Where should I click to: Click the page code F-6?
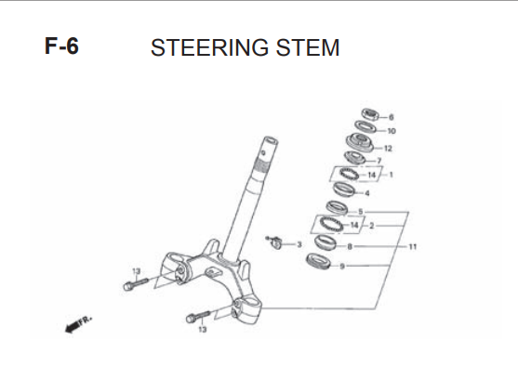(61, 46)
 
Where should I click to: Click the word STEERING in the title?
(209, 47)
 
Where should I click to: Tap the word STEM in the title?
(308, 47)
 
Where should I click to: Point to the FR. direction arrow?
(78, 324)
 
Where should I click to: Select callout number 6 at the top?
(392, 117)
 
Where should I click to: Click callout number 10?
(392, 131)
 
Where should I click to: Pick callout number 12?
(388, 149)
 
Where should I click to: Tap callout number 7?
(379, 161)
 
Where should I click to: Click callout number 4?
(367, 193)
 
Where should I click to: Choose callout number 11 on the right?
(413, 246)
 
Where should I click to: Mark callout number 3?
(299, 244)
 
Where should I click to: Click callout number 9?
(342, 266)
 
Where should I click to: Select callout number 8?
(350, 246)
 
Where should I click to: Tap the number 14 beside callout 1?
(372, 175)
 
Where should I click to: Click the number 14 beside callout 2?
(354, 225)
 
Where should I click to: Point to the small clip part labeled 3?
(274, 242)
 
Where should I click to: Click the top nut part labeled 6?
(370, 114)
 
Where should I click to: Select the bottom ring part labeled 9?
(318, 261)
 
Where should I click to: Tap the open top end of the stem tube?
(271, 140)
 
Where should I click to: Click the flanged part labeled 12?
(360, 142)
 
